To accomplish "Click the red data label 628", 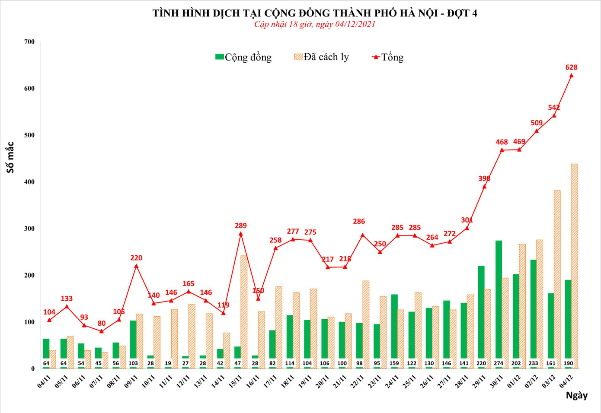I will point(571,67).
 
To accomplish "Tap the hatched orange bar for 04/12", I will point(574,266).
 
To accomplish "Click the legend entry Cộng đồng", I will point(243,57).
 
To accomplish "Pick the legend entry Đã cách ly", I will point(321,57).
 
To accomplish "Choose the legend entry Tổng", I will point(388,57).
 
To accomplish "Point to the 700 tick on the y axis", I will point(29,42).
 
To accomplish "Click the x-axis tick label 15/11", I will point(235,381).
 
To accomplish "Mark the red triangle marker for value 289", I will point(241,234).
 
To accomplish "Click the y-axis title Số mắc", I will point(10,157).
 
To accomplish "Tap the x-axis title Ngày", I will point(576,395).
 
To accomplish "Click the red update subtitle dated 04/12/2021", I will point(314,24).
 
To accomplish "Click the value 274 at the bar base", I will point(499,363).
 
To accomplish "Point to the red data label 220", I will point(136,258).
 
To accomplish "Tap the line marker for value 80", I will point(102,331).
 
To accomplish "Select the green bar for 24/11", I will point(394,328).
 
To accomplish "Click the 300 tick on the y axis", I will point(29,229).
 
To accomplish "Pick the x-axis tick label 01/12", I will point(514,381).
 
